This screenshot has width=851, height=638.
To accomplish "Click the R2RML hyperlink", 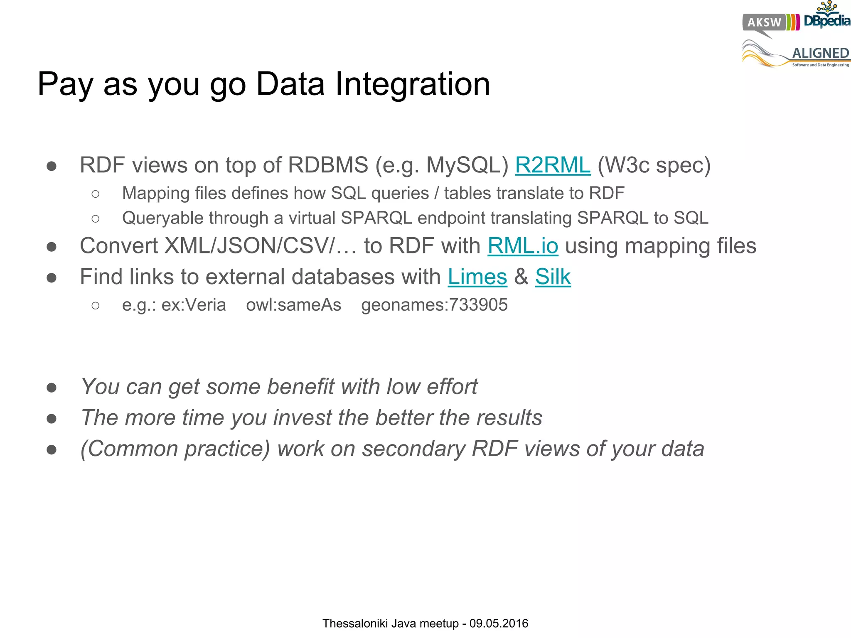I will (552, 165).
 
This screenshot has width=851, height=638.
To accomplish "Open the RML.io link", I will (522, 246).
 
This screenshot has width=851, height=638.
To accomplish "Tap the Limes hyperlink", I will (477, 277).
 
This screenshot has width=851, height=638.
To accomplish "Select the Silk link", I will (553, 277).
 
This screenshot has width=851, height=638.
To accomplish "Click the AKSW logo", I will (764, 22).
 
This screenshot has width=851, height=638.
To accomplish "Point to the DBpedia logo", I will (826, 19).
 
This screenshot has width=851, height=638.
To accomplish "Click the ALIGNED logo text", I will (820, 53).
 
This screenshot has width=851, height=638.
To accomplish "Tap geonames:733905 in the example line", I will (434, 305).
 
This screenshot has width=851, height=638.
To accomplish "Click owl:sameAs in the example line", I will (293, 305).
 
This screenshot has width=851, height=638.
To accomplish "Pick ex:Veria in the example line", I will (194, 305).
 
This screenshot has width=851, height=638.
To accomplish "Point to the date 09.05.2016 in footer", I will (499, 623).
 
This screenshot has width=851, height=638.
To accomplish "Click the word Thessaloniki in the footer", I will (355, 623).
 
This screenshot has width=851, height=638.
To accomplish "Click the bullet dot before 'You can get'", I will (52, 388).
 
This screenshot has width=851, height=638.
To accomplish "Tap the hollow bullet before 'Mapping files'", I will (96, 194).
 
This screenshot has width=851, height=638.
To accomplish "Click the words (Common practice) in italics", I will (175, 449).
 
